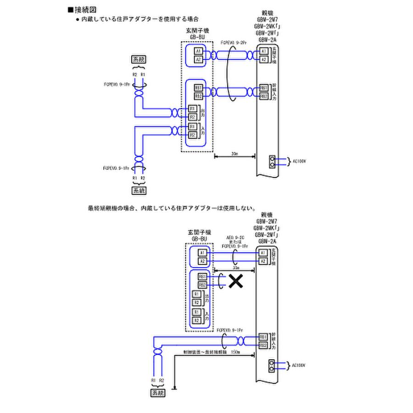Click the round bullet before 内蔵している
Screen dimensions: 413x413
(78, 19)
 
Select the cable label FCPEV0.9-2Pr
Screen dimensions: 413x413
(234, 42)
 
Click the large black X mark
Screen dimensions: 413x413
(235, 281)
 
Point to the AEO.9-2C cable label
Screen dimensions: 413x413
(235, 237)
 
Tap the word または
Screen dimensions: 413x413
(235, 241)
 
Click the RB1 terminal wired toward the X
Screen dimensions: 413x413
(202, 277)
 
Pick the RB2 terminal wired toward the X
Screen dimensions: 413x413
(202, 285)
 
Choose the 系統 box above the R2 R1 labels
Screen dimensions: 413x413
(138, 60)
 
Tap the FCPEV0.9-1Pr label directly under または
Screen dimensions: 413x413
(235, 246)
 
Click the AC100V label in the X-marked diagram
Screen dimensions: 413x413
(298, 365)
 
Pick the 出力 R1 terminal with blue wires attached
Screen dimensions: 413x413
(193, 109)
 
